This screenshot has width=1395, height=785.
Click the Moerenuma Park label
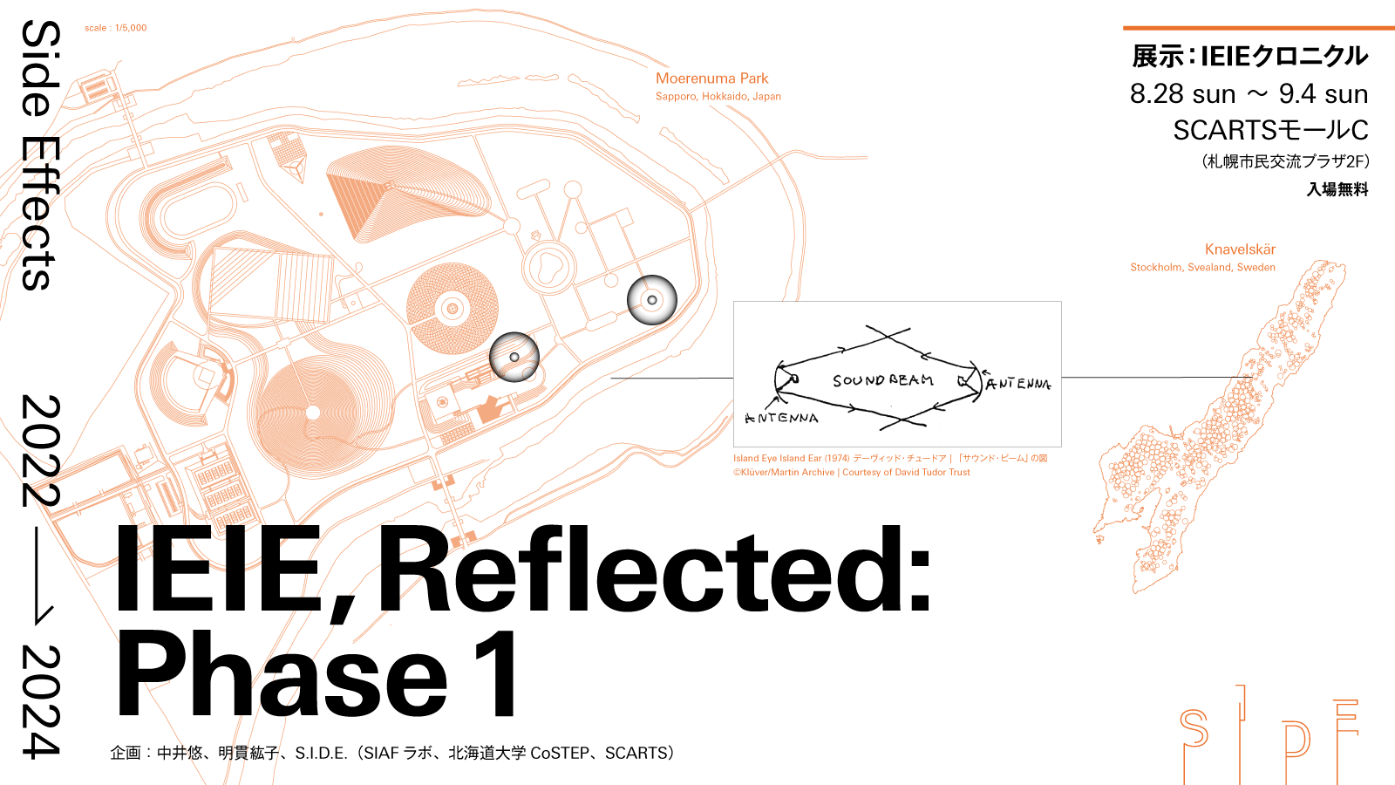[711, 78]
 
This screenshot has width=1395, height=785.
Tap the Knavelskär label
[1240, 249]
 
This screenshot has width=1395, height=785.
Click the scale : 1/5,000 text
[115, 28]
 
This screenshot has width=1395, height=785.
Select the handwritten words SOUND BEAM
[882, 380]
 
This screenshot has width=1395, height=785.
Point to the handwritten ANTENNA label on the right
[1017, 384]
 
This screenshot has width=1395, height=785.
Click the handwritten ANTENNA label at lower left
[781, 418]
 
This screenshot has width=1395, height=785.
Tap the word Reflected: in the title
[654, 571]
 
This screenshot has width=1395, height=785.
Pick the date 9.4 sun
[1323, 94]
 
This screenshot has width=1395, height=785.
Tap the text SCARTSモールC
[1270, 130]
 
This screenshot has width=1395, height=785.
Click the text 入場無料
[1337, 189]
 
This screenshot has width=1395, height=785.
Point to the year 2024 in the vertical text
[40, 701]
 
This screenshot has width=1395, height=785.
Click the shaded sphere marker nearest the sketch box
[652, 300]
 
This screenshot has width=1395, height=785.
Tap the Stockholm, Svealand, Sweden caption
[1202, 268]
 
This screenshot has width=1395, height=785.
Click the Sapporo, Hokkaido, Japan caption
[718, 97]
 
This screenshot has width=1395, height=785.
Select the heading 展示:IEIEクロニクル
[1249, 57]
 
